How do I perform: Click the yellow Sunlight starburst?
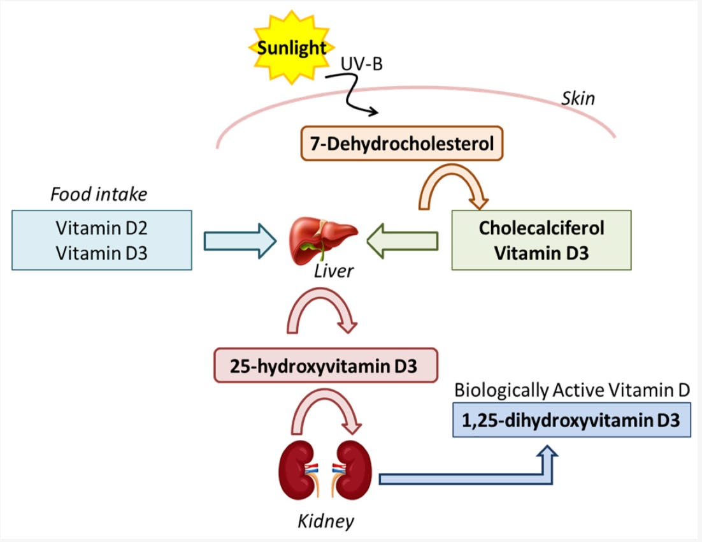292,47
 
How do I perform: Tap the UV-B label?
362,64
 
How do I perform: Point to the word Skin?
578,98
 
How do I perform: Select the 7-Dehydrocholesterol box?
402,143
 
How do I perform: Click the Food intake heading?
99,194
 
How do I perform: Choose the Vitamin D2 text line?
102,228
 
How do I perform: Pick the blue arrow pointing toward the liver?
240,241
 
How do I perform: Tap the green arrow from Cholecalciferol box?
403,241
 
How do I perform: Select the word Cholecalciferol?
541,228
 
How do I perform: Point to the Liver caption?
334,271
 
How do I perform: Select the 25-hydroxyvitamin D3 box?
326,365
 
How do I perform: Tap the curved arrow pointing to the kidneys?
325,397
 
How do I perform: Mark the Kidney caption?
326,521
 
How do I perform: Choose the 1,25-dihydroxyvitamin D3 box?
571,420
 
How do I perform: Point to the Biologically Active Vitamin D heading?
571,390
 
